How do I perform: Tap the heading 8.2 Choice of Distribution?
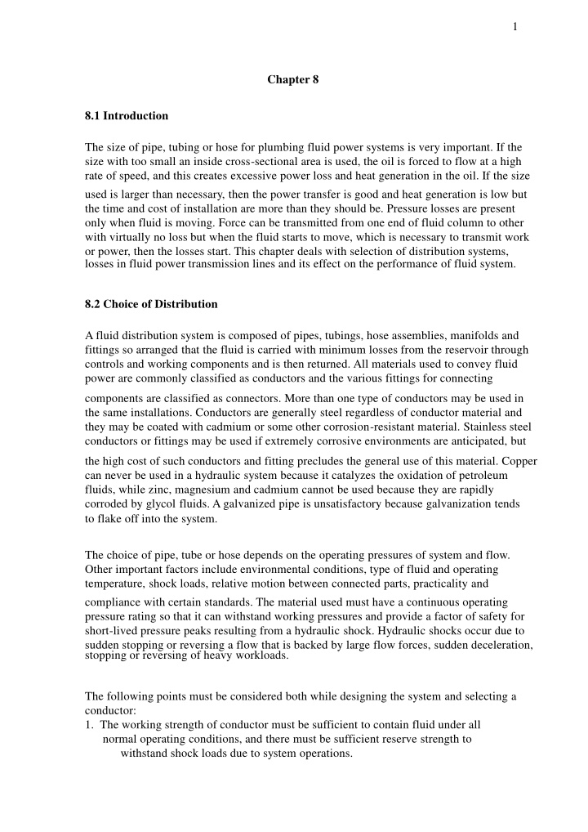click(151, 304)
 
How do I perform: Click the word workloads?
click(262, 655)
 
